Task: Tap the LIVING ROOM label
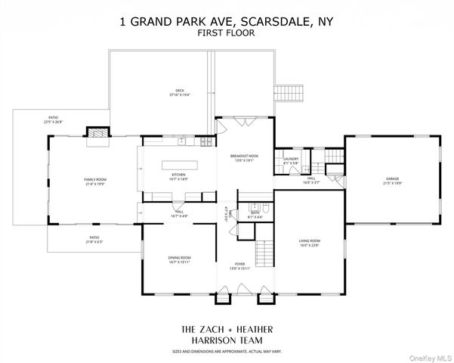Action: click(310, 241)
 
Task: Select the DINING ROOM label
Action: click(180, 258)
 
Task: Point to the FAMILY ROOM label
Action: click(96, 179)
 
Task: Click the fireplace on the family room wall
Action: click(96, 135)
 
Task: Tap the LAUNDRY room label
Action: click(291, 159)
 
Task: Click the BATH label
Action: click(256, 213)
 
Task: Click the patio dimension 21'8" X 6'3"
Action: click(94, 242)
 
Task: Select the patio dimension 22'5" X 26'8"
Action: click(54, 122)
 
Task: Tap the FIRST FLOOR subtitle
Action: click(227, 35)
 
